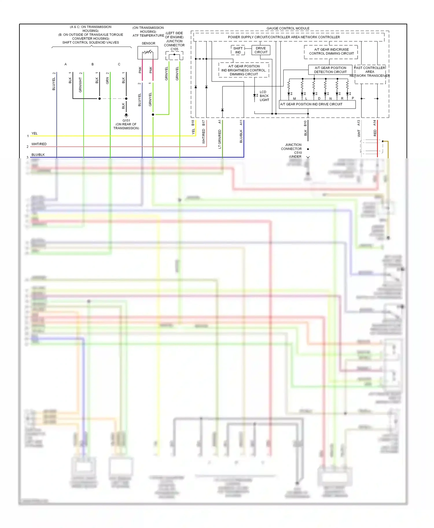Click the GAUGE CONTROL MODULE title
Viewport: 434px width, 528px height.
click(288, 28)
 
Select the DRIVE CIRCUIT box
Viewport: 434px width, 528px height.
click(261, 50)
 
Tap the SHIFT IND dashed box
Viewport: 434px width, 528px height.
click(238, 50)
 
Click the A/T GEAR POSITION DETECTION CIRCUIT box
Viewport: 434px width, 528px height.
click(330, 70)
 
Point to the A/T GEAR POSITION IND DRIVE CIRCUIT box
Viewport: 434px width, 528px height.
click(317, 104)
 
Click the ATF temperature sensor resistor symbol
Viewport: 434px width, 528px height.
click(148, 53)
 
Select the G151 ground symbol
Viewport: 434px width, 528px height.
click(126, 115)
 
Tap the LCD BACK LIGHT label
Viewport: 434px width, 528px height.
click(264, 96)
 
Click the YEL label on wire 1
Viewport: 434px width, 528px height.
click(34, 133)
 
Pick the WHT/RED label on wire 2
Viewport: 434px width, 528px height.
click(39, 144)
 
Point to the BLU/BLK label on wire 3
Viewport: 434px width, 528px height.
click(38, 155)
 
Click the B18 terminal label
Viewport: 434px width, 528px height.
click(193, 123)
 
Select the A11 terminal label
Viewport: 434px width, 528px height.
click(241, 123)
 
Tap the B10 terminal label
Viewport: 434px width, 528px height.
click(305, 123)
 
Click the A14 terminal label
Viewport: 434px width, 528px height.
click(374, 123)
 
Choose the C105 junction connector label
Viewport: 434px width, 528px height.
click(174, 49)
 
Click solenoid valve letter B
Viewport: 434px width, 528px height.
click(93, 64)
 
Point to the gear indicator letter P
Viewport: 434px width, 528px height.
click(353, 98)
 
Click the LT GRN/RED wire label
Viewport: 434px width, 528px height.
click(220, 139)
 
